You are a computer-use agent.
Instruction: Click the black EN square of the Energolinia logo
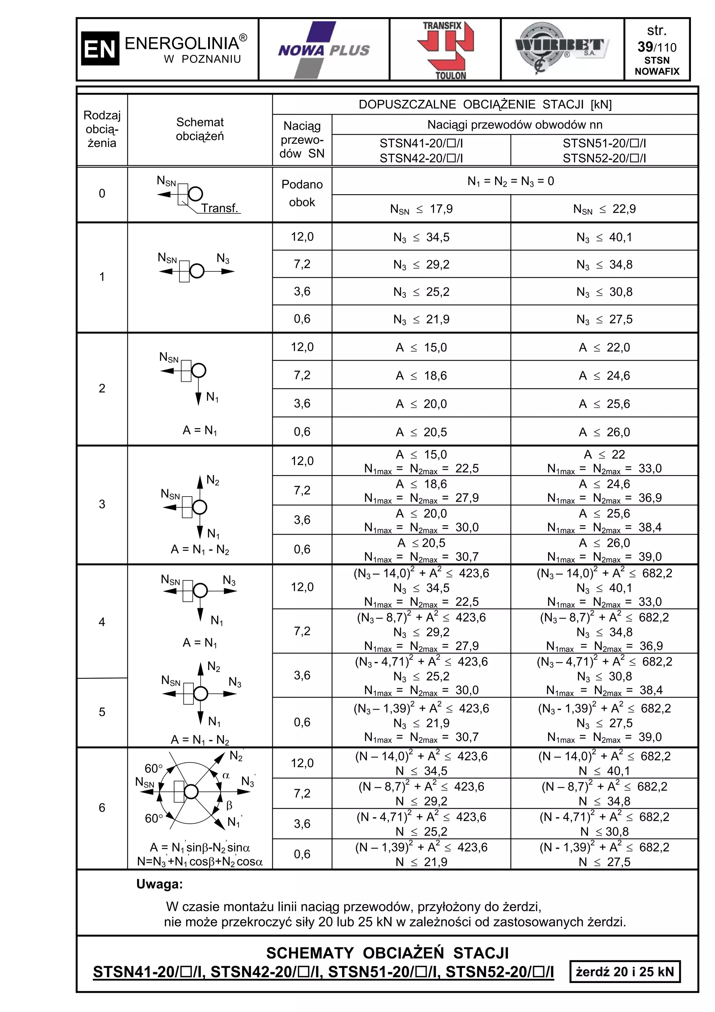point(100,49)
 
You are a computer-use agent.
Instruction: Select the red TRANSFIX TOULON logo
point(445,49)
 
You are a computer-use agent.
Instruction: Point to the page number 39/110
point(656,47)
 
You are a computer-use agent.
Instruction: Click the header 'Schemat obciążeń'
point(200,129)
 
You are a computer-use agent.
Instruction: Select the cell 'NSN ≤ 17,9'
point(421,209)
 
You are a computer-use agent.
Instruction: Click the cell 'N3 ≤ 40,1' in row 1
point(604,237)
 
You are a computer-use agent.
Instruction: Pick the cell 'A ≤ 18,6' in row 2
point(421,375)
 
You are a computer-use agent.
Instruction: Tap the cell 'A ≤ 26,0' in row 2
point(604,432)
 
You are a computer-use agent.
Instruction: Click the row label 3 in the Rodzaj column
point(102,504)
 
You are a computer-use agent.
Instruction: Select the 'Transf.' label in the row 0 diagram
point(219,208)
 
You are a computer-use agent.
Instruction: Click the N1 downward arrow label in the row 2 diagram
point(212,397)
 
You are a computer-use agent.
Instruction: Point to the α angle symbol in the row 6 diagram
point(226,788)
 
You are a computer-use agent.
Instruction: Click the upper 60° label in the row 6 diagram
point(154,769)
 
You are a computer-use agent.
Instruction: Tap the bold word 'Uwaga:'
point(159,884)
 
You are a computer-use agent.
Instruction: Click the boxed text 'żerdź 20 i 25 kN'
point(624,972)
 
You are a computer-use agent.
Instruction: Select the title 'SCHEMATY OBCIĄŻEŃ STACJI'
point(387,953)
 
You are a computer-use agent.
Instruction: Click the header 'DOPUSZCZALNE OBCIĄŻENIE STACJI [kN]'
point(485,104)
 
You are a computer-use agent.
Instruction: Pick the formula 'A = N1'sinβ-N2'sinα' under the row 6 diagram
point(200,848)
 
